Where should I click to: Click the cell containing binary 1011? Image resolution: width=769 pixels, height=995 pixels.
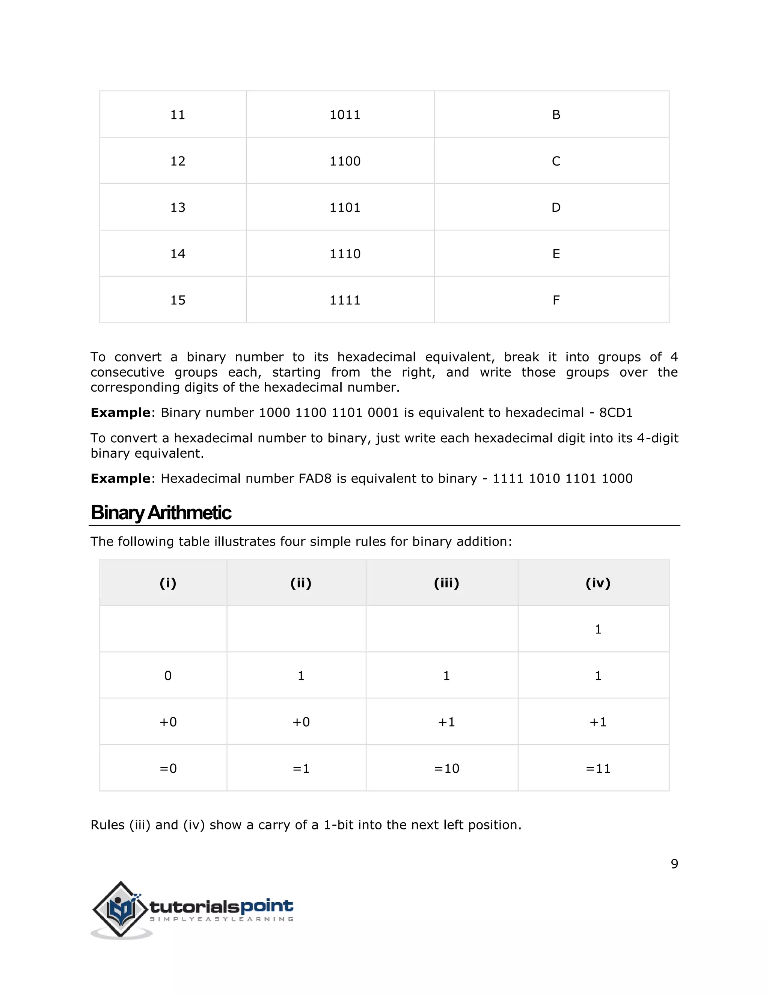click(345, 115)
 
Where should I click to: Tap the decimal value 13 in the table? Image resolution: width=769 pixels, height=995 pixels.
click(178, 208)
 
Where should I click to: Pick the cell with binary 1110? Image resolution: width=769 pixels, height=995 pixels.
click(345, 254)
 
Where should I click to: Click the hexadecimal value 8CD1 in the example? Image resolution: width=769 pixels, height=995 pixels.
click(616, 413)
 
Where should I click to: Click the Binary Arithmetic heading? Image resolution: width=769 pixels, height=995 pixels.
click(161, 513)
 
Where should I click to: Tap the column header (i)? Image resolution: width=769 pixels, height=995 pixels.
click(167, 583)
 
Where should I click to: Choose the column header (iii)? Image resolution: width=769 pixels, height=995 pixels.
click(446, 583)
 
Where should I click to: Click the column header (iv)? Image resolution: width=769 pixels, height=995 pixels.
click(598, 583)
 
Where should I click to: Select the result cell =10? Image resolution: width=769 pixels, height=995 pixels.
click(446, 769)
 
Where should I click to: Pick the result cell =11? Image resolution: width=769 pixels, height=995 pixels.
click(598, 769)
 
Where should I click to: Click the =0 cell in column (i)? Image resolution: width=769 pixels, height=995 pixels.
click(167, 769)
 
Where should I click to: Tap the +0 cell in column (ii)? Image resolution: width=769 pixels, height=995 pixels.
click(301, 722)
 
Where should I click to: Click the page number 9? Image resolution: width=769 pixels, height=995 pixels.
click(674, 864)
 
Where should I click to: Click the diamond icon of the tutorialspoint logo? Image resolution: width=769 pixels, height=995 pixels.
click(121, 909)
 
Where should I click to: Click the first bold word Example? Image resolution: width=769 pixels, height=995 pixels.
click(120, 413)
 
